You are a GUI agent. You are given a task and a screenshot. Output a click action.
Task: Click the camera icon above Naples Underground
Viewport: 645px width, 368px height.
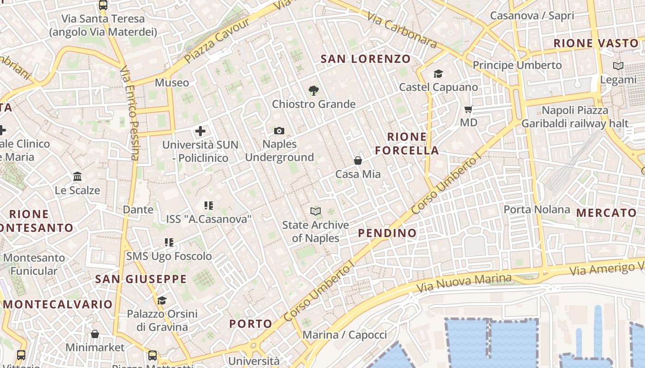coord(279,131)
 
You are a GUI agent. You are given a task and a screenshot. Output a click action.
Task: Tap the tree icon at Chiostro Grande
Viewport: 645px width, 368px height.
coord(314,90)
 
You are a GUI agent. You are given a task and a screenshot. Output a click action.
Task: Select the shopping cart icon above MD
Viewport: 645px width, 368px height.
coord(469,109)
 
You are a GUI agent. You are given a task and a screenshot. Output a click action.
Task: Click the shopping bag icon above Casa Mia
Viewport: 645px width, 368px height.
coord(358,161)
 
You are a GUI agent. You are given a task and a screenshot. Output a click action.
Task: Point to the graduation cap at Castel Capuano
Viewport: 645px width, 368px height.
coord(438,74)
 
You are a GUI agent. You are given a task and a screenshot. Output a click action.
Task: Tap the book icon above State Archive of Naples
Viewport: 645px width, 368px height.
coord(315,212)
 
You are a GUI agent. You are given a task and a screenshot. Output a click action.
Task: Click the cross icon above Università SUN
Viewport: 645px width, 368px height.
coord(200,131)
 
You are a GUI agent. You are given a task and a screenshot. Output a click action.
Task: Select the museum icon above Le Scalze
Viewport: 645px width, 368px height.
coord(77,177)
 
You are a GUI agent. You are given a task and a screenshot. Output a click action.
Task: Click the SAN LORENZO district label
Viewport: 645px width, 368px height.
coord(365,59)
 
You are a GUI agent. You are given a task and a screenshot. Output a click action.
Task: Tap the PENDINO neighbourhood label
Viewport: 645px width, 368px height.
coord(387,233)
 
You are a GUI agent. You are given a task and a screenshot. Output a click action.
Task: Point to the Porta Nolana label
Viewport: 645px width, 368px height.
coord(537,210)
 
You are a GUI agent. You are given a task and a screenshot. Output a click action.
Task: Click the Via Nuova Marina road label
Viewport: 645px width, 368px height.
coord(464,283)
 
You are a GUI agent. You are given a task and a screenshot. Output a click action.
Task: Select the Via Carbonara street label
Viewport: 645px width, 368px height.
coord(402,30)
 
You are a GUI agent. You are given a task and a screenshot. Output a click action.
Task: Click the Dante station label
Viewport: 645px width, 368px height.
coord(138,210)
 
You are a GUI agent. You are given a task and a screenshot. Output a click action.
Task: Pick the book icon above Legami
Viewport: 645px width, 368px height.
coord(618,66)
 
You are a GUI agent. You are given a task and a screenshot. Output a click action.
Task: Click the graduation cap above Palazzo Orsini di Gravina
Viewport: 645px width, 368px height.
coord(162,301)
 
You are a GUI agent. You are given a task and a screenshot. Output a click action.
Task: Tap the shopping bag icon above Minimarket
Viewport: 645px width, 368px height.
coord(95,334)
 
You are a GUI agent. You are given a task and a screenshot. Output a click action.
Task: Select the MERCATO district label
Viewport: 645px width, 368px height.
coord(606,213)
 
